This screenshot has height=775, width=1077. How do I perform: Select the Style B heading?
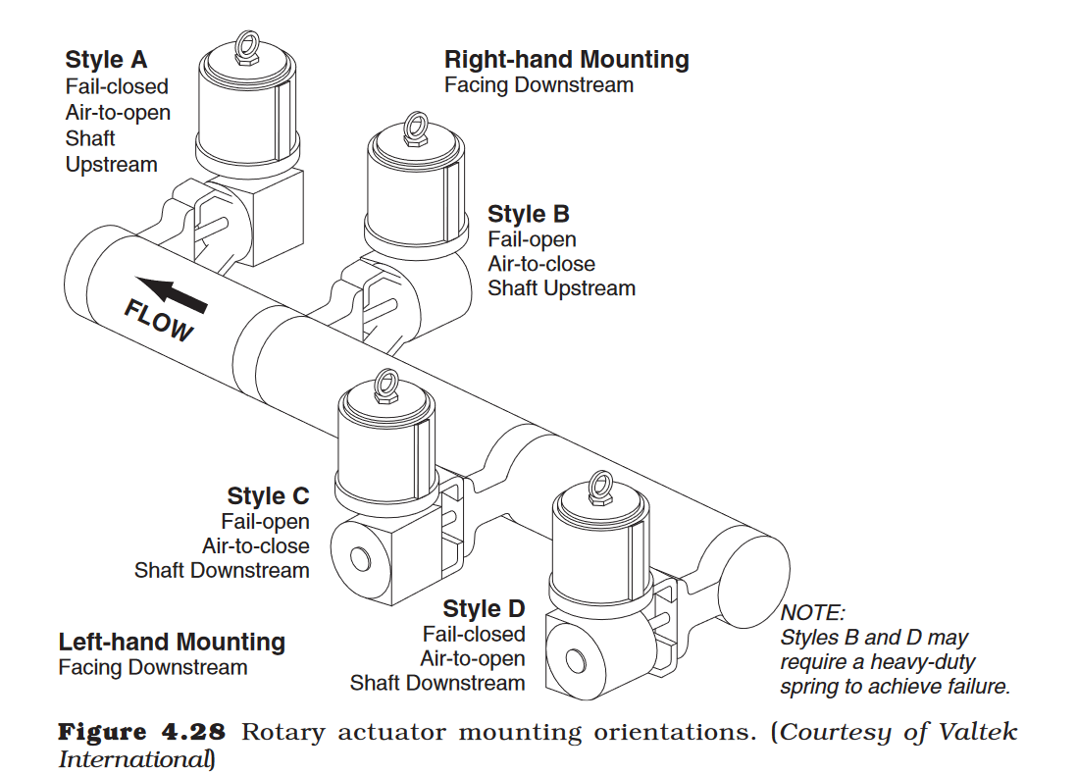click(528, 214)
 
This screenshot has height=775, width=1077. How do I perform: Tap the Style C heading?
click(268, 496)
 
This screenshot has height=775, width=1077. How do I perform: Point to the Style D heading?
click(484, 609)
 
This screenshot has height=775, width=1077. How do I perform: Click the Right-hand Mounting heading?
click(566, 60)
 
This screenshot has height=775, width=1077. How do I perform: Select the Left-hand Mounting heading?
click(172, 643)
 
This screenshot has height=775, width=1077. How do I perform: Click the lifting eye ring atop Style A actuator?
click(247, 44)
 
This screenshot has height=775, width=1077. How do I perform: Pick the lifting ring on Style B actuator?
click(415, 126)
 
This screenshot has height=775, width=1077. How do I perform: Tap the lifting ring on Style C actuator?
click(387, 380)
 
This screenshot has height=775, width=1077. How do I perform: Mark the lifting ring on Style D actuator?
click(600, 484)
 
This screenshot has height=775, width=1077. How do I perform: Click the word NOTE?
click(812, 613)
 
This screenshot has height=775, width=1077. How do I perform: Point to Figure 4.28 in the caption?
click(142, 733)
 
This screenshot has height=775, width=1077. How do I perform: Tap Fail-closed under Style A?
click(117, 86)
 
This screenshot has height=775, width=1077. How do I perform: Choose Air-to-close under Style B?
click(541, 264)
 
